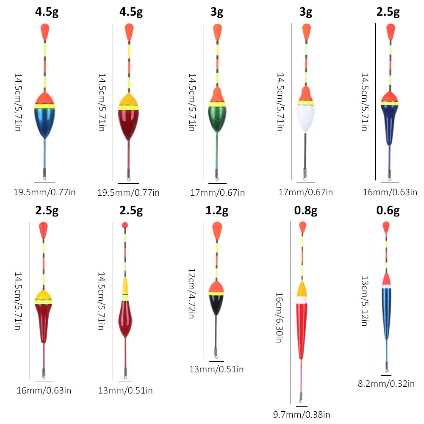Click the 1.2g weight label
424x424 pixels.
(x=216, y=211)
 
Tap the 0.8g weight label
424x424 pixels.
(x=305, y=211)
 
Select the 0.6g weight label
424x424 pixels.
(x=388, y=211)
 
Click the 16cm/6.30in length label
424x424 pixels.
(x=279, y=317)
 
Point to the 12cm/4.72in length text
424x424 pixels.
(x=192, y=294)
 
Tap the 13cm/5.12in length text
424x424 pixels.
(x=365, y=301)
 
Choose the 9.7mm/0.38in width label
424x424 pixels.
(x=302, y=415)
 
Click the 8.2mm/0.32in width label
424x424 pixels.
(x=386, y=384)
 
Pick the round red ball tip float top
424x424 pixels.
(x=125, y=225)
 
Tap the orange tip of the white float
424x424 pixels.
(x=306, y=32)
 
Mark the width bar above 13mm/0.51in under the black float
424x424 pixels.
(x=216, y=361)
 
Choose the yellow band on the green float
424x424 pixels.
(x=217, y=104)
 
